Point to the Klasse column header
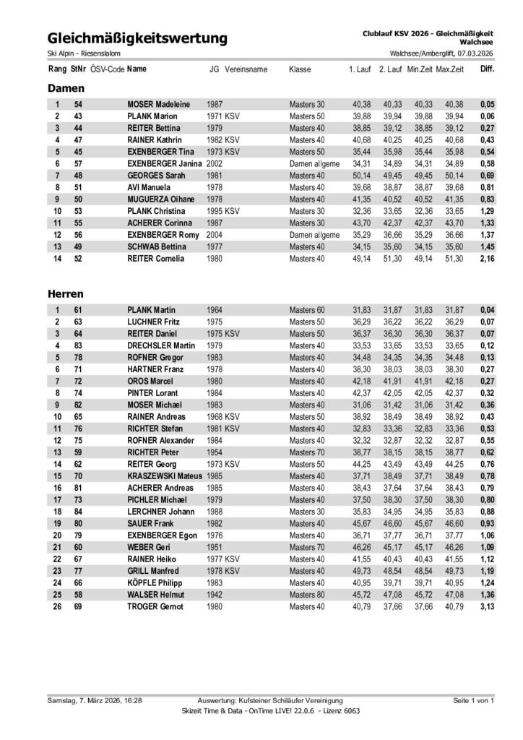(x=300, y=69)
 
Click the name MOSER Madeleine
(x=158, y=105)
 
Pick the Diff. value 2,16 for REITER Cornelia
(x=486, y=257)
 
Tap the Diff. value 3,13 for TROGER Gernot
(x=486, y=606)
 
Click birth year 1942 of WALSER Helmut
(x=215, y=595)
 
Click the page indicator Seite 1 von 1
(x=473, y=700)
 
